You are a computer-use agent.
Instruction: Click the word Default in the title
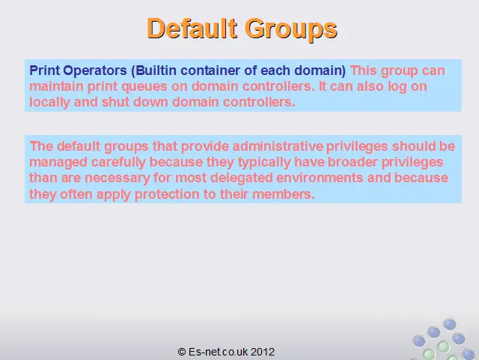(192, 28)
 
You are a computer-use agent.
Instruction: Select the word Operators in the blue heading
(95, 71)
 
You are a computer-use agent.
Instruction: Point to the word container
(212, 70)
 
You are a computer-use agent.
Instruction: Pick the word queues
(144, 87)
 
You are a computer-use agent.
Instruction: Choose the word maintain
(57, 86)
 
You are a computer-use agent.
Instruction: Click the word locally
(49, 103)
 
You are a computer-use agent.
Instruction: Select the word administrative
(278, 146)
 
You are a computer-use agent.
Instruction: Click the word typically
(264, 163)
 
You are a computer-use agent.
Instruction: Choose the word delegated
(241, 178)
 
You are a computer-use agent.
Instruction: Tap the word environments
(320, 178)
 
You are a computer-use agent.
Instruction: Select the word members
(284, 194)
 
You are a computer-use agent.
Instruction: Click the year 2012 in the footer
(263, 352)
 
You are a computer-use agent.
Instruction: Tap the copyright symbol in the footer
(182, 352)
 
